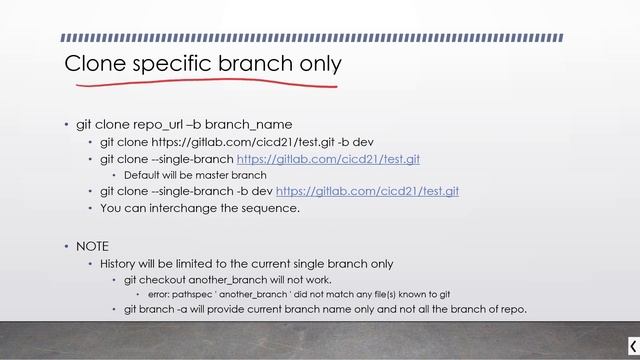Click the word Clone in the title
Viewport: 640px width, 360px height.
95,64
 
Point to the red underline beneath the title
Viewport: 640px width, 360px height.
200,83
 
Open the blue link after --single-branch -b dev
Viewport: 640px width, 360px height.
367,191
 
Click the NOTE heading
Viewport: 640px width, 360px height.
92,246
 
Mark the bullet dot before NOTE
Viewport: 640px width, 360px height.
66,246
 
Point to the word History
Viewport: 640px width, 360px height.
121,264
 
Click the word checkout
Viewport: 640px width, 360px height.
162,279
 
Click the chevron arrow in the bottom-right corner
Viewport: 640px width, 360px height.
631,346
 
